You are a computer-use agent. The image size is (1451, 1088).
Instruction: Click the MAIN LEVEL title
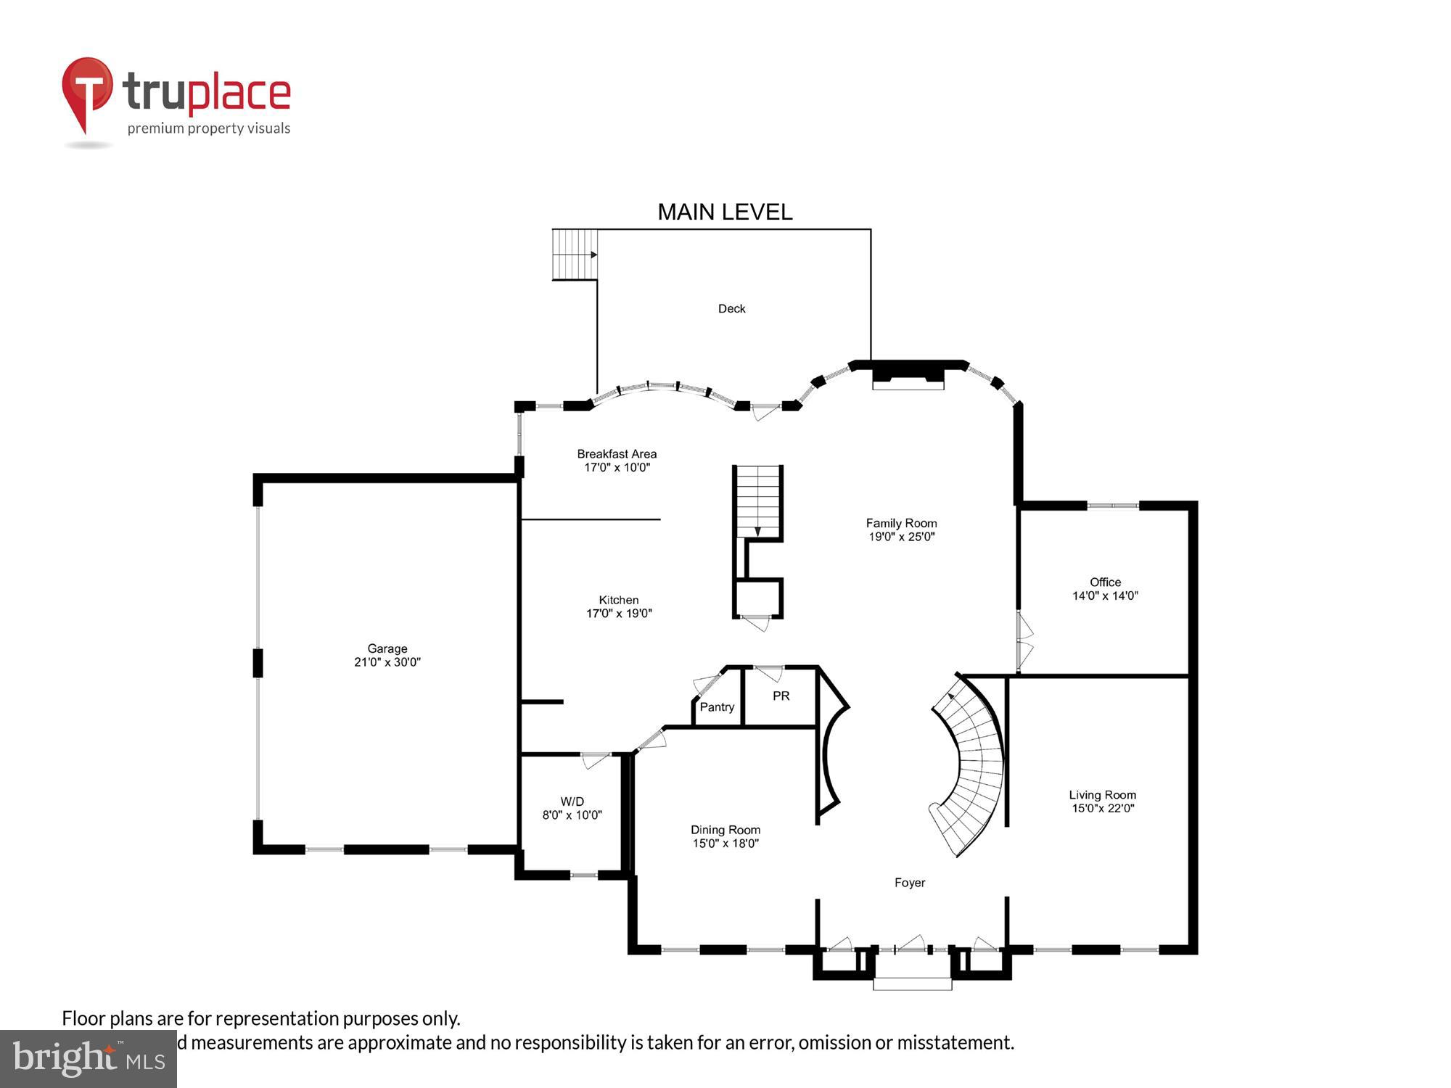click(724, 212)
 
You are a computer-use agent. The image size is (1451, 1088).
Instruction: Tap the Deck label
click(731, 308)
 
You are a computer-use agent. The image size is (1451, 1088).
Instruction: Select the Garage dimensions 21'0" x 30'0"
click(387, 662)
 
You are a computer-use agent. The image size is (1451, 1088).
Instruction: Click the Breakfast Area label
click(617, 453)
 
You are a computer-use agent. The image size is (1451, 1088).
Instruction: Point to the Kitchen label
click(618, 600)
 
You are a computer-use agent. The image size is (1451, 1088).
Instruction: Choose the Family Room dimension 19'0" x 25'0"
click(901, 537)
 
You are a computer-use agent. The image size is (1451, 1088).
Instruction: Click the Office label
click(1105, 582)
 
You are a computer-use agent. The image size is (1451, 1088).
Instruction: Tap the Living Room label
click(1102, 795)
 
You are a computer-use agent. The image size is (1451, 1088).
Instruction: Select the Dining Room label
click(725, 830)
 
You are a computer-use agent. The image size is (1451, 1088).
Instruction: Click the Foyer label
click(909, 883)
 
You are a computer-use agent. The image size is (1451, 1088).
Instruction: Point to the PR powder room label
click(781, 696)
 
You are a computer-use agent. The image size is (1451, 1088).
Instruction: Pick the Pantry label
click(717, 707)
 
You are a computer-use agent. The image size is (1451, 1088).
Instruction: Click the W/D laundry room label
click(572, 801)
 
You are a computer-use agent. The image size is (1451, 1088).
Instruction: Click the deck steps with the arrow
click(575, 255)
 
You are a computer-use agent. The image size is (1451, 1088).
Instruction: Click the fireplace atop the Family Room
click(908, 377)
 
